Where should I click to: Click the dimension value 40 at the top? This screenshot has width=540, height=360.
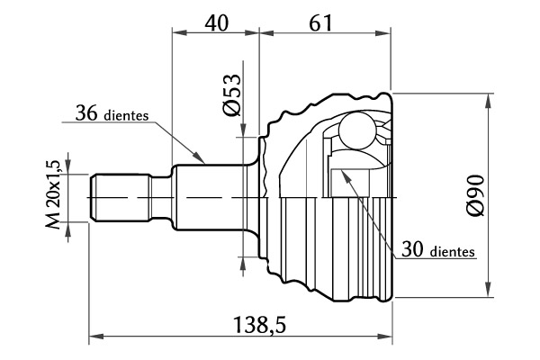(217, 23)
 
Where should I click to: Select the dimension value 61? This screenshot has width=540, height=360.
(321, 23)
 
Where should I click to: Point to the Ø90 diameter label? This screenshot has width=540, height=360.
(474, 195)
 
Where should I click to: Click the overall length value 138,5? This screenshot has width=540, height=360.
(260, 325)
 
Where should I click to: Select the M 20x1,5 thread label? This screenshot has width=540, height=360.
(53, 194)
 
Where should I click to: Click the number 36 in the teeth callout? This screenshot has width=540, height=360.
(86, 113)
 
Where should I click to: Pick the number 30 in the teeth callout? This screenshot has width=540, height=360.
(412, 249)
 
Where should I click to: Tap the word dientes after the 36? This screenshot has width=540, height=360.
(126, 115)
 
